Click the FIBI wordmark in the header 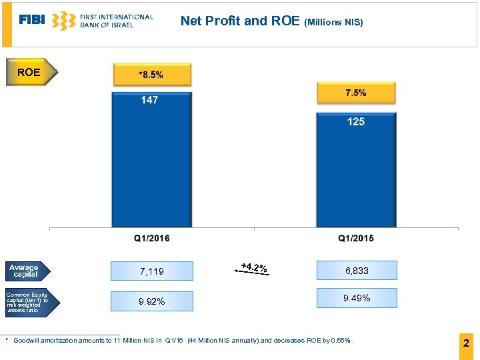(x=32, y=20)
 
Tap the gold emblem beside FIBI (x=63, y=21)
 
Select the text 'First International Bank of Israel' (x=116, y=21)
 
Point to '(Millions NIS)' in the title (x=333, y=22)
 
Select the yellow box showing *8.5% (x=151, y=75)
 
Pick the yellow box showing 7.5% (x=356, y=93)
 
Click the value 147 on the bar (x=149, y=100)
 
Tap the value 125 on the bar (x=356, y=121)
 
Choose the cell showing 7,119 (x=151, y=271)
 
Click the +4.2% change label (x=253, y=269)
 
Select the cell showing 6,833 (x=357, y=271)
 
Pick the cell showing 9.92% (x=151, y=301)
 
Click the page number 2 (x=466, y=344)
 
